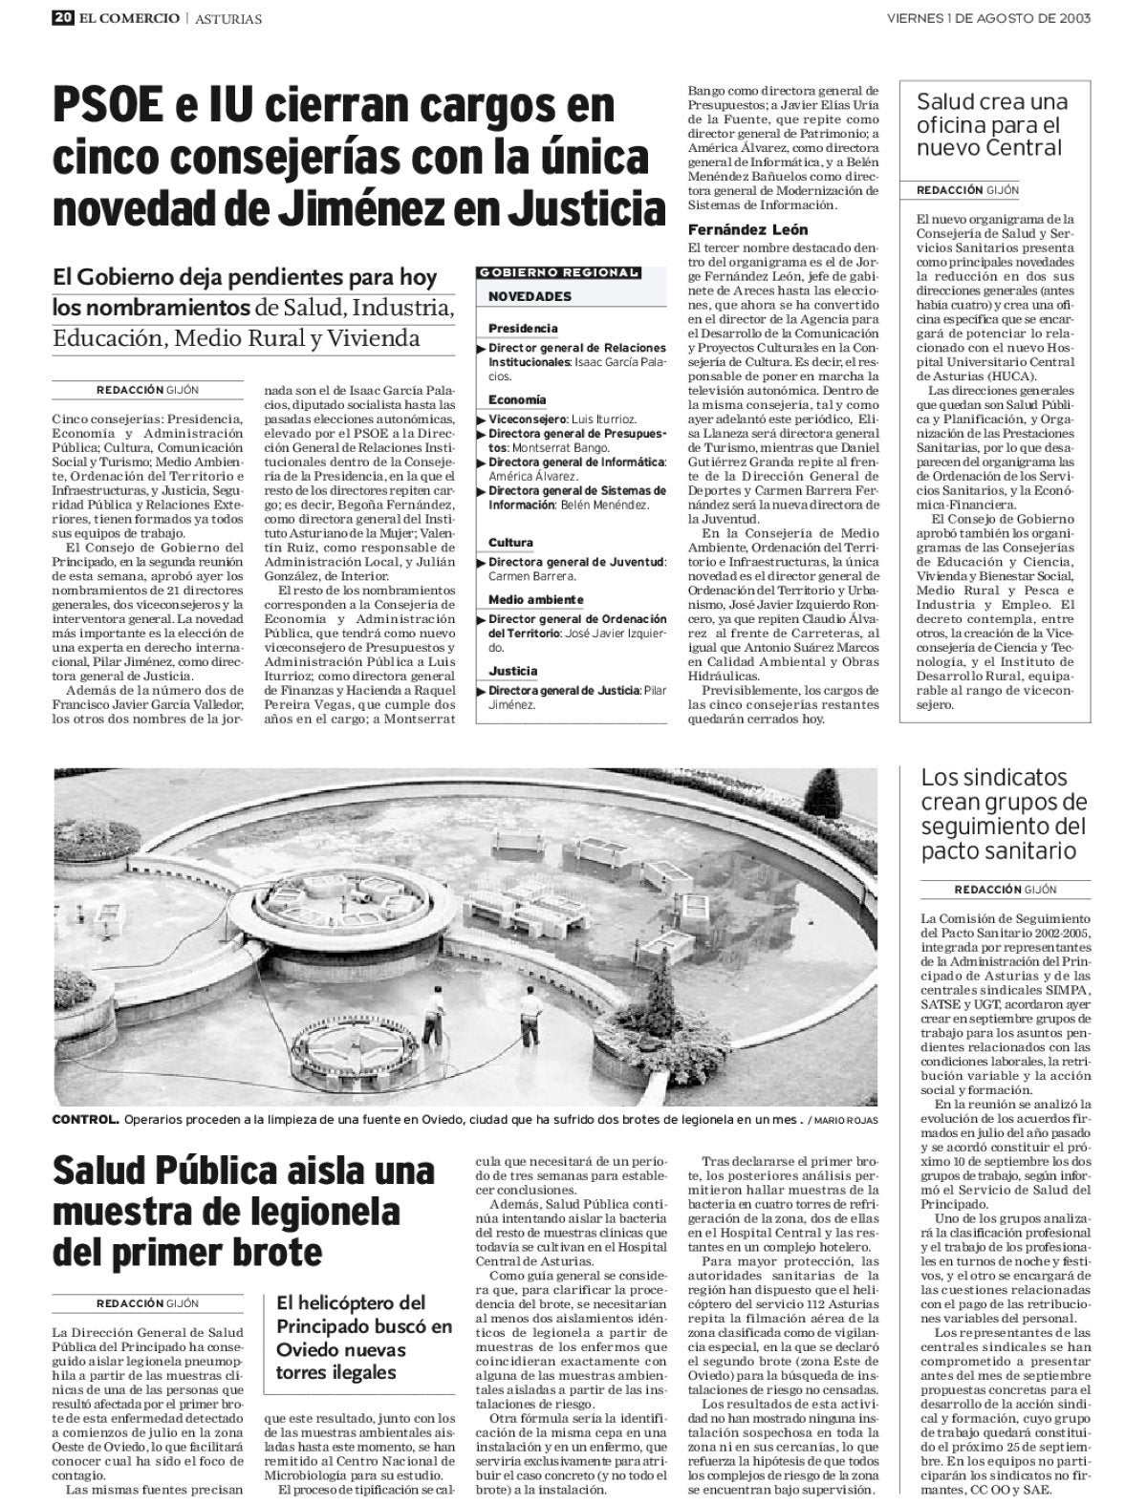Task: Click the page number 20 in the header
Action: click(x=64, y=17)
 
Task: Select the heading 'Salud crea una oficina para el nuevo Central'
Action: click(x=992, y=125)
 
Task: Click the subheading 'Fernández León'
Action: click(x=748, y=229)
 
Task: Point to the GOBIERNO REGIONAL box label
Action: click(x=558, y=272)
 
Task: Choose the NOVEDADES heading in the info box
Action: click(x=530, y=297)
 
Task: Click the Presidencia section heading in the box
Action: click(x=523, y=329)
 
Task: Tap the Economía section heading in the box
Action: click(x=517, y=399)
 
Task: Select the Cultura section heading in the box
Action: click(x=510, y=543)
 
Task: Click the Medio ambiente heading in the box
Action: click(x=535, y=599)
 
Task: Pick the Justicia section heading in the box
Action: click(x=512, y=671)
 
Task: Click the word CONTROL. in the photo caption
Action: click(x=85, y=1119)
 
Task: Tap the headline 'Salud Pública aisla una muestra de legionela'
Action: click(x=244, y=1211)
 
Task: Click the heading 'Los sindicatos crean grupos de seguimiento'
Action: click(x=1004, y=813)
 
